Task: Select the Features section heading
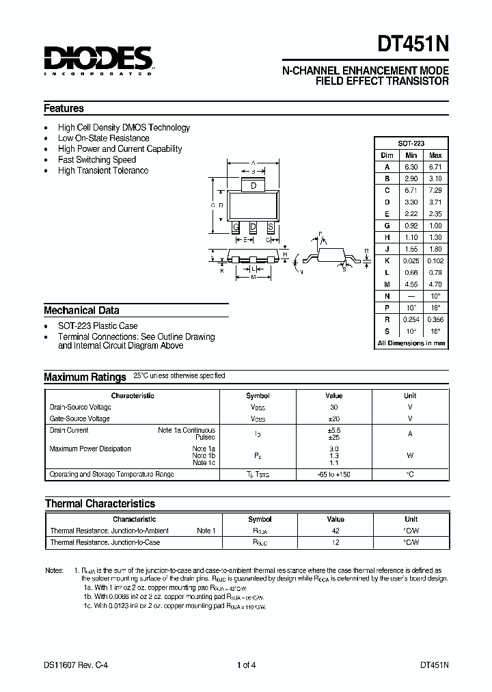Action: [x=64, y=108]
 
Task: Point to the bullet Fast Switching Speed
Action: [x=97, y=159]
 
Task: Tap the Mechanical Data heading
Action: [x=81, y=310]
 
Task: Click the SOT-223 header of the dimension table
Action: [x=411, y=144]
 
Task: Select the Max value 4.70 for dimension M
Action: [x=435, y=284]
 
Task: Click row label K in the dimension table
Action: [x=387, y=261]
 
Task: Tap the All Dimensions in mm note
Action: [x=411, y=343]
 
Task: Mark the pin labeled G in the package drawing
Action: [x=236, y=227]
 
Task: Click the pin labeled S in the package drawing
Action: [x=271, y=227]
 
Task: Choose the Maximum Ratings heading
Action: [x=85, y=377]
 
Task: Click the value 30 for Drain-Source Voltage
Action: [x=334, y=407]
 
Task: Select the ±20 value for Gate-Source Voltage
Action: [x=334, y=418]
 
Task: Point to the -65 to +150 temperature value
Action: [x=334, y=475]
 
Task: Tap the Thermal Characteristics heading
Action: [x=100, y=503]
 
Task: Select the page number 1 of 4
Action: [x=247, y=664]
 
